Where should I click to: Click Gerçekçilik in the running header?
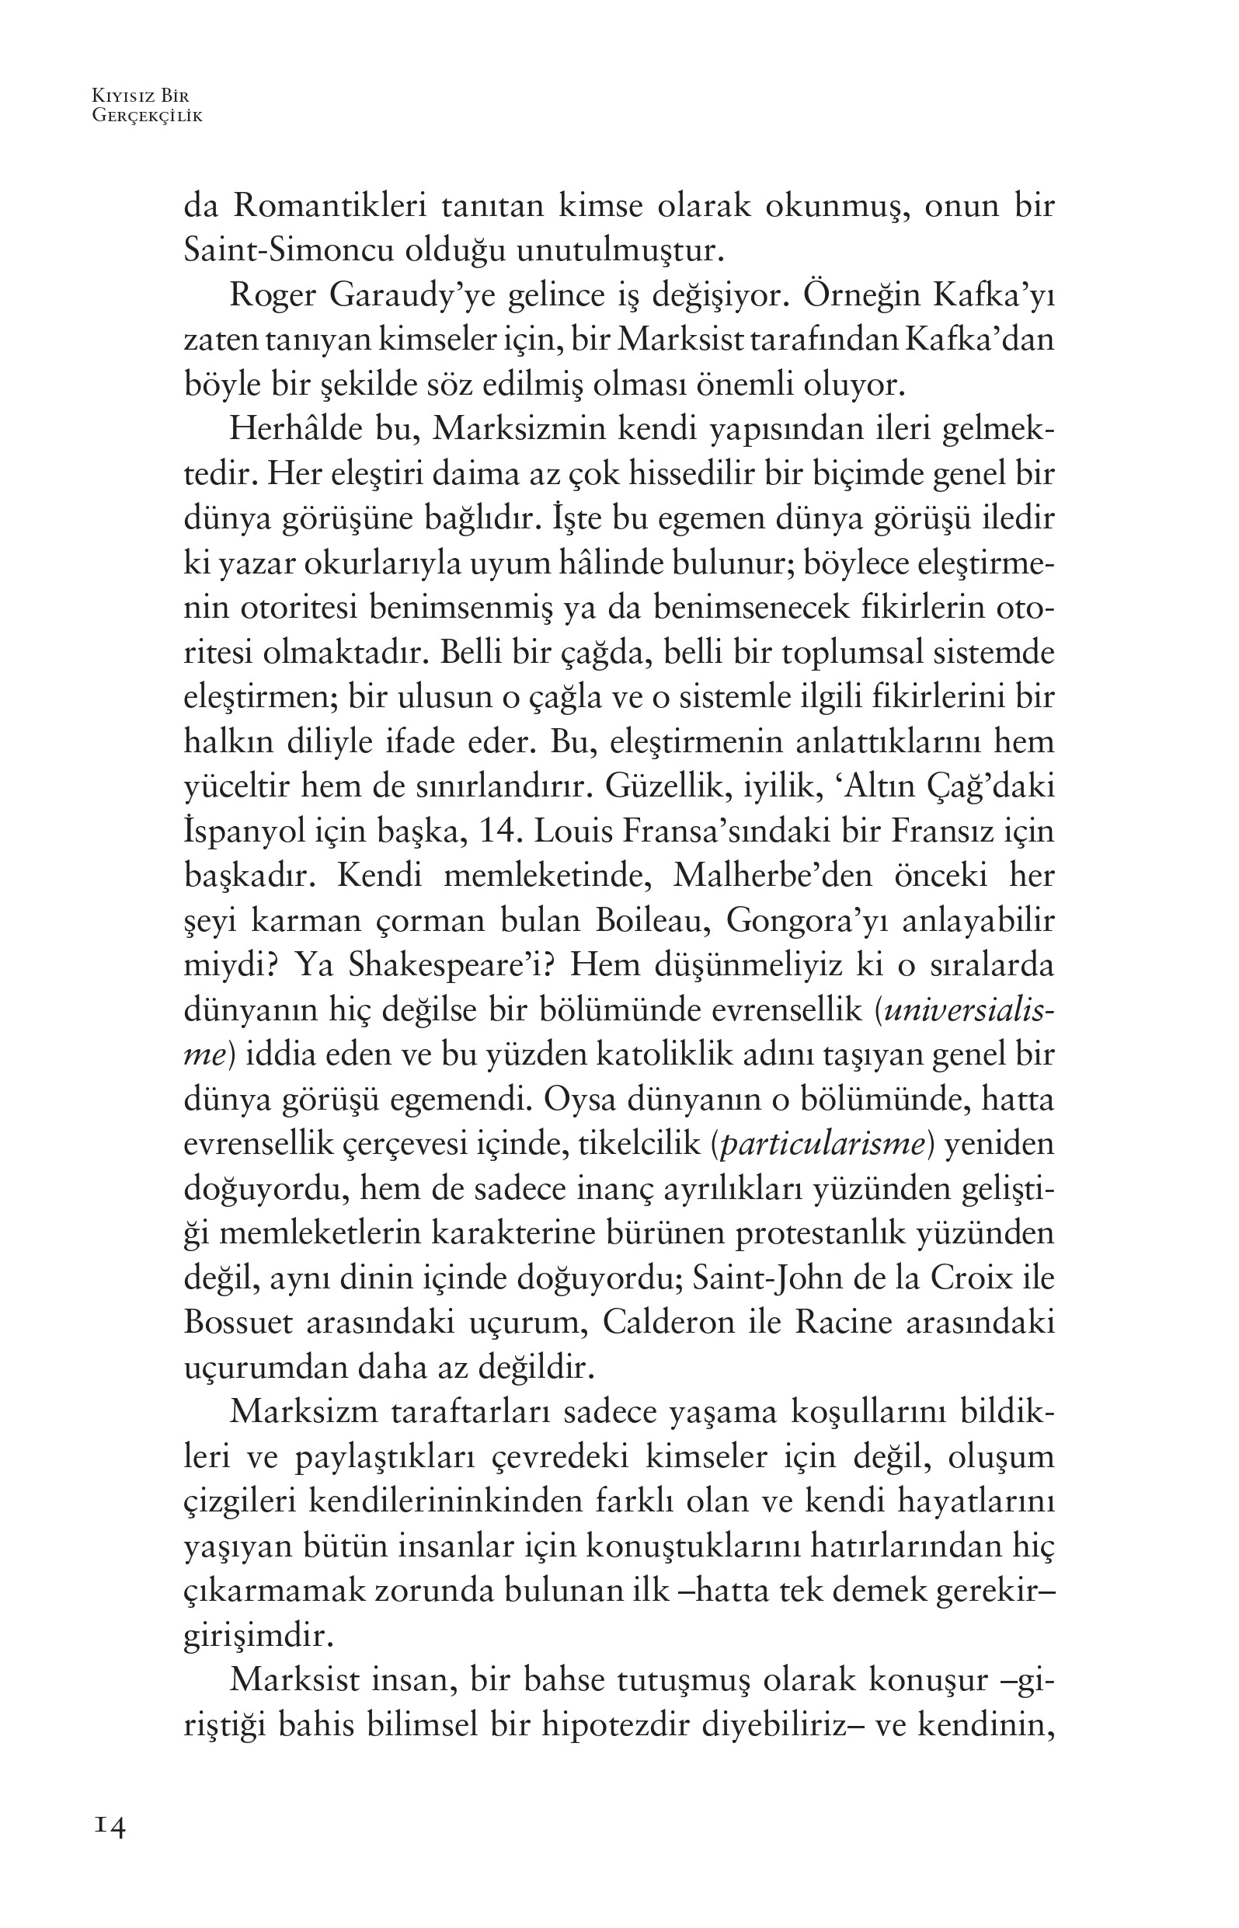tap(148, 116)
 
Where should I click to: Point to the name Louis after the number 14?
tap(570, 831)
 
